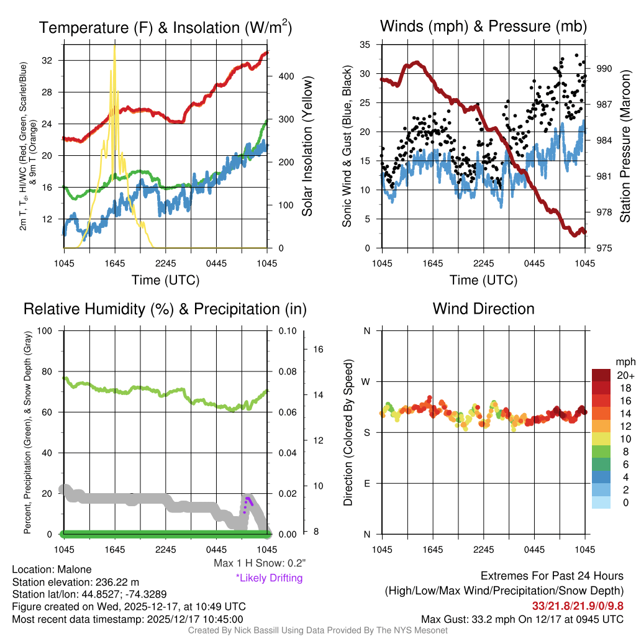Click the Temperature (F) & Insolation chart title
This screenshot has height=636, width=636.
point(165,27)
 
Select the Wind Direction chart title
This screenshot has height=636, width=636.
point(483,309)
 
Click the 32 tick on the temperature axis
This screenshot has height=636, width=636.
point(54,60)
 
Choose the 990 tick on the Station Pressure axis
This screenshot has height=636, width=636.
point(605,68)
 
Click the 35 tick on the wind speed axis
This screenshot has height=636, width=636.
point(365,44)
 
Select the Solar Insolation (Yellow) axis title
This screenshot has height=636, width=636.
point(307,147)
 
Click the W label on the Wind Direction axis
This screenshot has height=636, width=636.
point(367,381)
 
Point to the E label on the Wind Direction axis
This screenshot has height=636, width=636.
point(367,483)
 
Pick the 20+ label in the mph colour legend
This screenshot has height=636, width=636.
point(624,376)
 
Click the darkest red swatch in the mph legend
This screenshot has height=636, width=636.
point(601,375)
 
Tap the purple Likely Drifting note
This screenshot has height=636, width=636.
point(269,578)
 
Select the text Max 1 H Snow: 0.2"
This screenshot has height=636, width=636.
point(260,563)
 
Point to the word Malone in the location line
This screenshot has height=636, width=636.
point(74,570)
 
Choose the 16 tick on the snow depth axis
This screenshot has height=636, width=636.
point(316,350)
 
